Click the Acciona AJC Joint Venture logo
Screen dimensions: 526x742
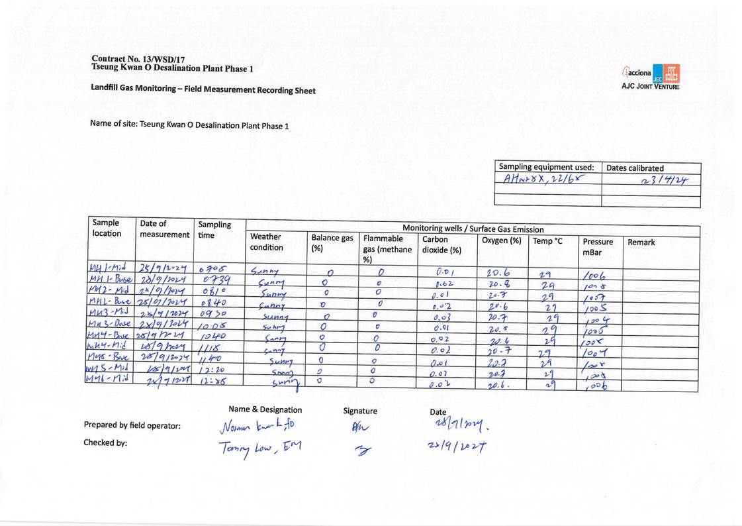[x=650, y=77]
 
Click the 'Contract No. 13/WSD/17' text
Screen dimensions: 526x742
[x=138, y=59]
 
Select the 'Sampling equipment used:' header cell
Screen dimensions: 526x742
[x=546, y=168]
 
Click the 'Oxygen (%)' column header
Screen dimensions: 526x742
[x=501, y=240]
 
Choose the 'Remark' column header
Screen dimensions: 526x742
[x=641, y=242]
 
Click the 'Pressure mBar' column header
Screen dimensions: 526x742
[x=598, y=247]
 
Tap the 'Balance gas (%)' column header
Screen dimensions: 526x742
[x=332, y=242]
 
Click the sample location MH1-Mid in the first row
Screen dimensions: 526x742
[x=108, y=267]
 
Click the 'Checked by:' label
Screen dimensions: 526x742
[x=105, y=443]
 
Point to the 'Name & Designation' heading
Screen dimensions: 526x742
[x=265, y=409]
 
